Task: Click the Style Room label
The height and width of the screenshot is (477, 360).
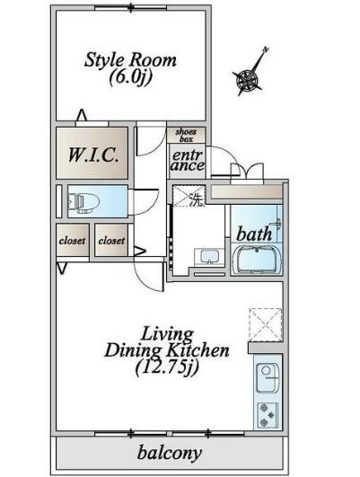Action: [130, 59]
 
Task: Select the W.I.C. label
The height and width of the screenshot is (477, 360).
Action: [92, 155]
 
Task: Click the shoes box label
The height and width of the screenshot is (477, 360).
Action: [186, 136]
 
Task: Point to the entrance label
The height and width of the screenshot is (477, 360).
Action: [188, 160]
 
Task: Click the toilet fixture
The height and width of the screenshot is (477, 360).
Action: [84, 202]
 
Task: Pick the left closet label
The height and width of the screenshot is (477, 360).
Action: [73, 241]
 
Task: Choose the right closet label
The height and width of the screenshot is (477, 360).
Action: [111, 241]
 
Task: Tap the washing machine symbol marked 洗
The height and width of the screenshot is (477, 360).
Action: [189, 196]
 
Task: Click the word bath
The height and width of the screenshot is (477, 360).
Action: [254, 234]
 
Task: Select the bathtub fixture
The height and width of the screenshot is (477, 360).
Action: [257, 260]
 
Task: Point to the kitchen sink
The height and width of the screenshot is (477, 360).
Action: [267, 378]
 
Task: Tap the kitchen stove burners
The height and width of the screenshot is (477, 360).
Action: [268, 415]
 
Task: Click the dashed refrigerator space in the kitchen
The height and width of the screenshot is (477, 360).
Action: [266, 325]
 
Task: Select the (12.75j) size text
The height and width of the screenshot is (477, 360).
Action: [167, 367]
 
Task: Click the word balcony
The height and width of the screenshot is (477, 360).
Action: [170, 453]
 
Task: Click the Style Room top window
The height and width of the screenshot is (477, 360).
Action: [131, 7]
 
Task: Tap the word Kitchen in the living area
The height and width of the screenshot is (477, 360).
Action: [198, 350]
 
